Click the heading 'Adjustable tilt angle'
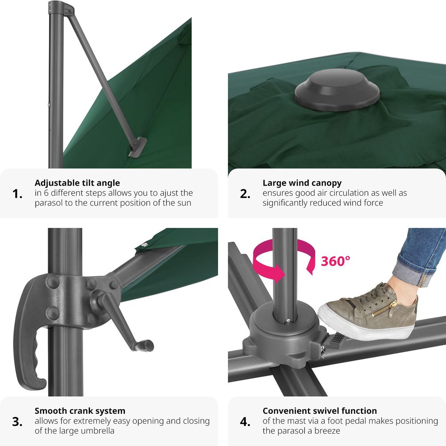click(77, 183)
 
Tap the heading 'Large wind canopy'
click(302, 183)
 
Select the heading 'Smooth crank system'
click(80, 411)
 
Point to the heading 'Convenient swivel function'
click(320, 411)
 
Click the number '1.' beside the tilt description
click(17, 194)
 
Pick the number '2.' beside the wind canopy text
click(245, 194)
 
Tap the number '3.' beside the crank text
click(17, 422)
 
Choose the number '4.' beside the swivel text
click(245, 422)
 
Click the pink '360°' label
click(336, 261)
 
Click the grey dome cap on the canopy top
click(337, 90)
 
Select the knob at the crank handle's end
click(146, 346)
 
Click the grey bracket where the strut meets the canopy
click(138, 147)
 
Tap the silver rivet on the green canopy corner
click(145, 244)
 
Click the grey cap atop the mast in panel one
click(61, 8)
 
